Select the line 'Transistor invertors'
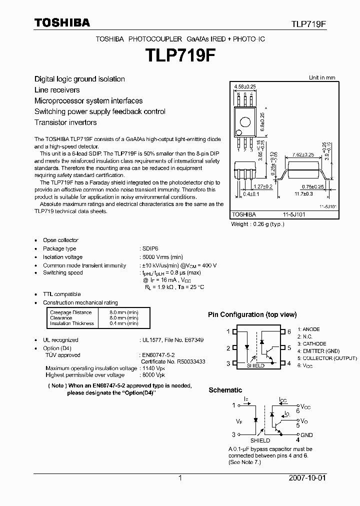(x=65, y=122)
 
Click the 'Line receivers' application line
(x=57, y=90)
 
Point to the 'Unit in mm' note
(x=321, y=77)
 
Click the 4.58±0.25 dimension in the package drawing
(x=244, y=86)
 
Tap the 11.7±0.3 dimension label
(x=303, y=193)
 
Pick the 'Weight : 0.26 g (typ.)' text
(x=257, y=224)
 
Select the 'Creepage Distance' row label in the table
(x=70, y=312)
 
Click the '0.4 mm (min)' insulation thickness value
(x=124, y=323)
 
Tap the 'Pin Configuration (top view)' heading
(x=252, y=315)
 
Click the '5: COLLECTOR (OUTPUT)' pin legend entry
(x=327, y=358)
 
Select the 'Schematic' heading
(x=225, y=390)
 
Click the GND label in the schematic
(x=306, y=435)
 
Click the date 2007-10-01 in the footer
(x=307, y=478)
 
